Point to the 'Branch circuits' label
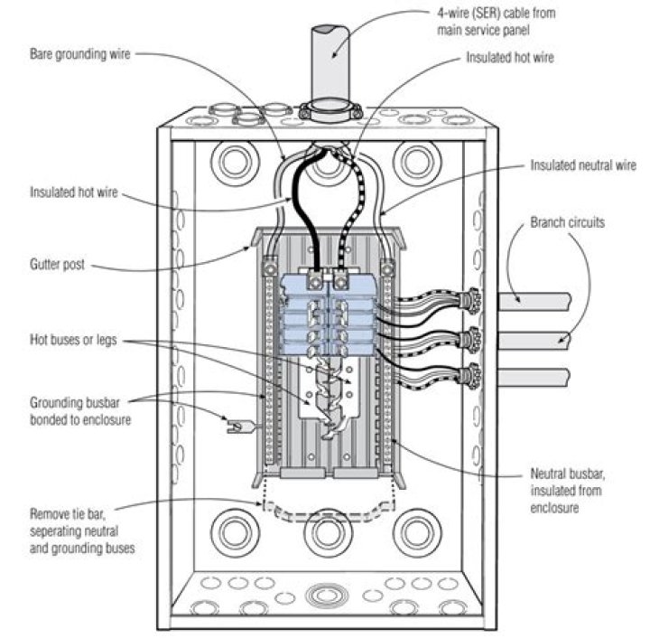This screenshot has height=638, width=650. (x=569, y=221)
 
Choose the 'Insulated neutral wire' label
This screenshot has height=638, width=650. (x=582, y=165)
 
